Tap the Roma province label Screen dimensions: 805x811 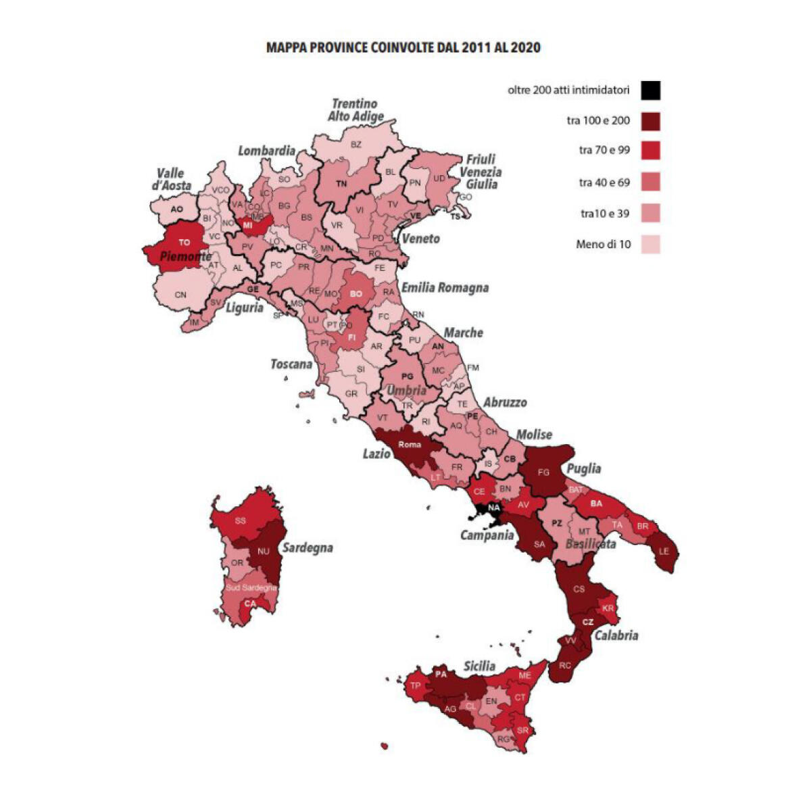[x=410, y=444]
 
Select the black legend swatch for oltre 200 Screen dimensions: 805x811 [x=651, y=90]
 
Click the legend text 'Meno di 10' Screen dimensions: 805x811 [x=603, y=244]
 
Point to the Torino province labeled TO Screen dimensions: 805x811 [x=184, y=242]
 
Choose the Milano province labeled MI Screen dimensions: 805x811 [x=248, y=224]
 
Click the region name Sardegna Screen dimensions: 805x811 [x=308, y=547]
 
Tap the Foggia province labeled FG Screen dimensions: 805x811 [x=543, y=472]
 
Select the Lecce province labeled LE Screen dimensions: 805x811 [x=664, y=551]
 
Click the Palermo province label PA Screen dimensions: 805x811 [x=441, y=674]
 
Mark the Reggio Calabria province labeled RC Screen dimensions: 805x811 [x=564, y=666]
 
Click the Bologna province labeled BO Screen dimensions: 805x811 [x=356, y=294]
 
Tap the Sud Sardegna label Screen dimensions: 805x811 [x=251, y=587]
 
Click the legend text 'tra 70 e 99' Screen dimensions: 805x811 [x=604, y=150]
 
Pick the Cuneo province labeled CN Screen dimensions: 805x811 [x=180, y=295]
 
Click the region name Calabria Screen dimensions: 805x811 [x=616, y=635]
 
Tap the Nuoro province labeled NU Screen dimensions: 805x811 [x=263, y=551]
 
